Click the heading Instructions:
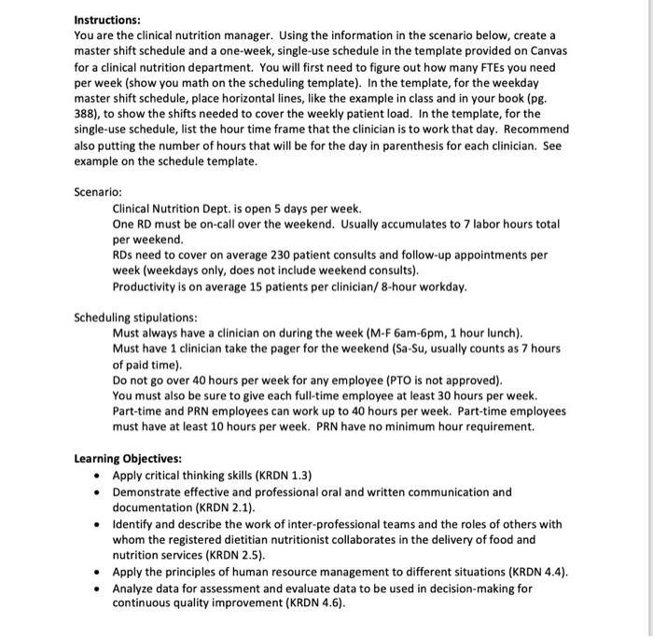click(x=107, y=19)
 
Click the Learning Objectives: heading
click(x=128, y=459)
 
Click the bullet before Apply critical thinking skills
click(x=99, y=476)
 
